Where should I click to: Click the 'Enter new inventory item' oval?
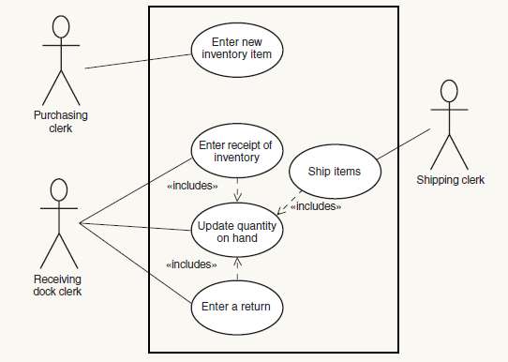pos(237,48)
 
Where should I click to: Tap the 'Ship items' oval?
pos(334,172)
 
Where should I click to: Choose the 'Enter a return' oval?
pos(237,307)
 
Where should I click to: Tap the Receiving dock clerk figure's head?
pos(57,190)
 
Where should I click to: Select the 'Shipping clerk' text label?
pos(451,180)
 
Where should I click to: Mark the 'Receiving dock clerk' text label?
pos(57,284)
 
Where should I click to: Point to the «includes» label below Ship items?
pos(315,206)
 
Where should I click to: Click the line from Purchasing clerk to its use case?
pos(137,59)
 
